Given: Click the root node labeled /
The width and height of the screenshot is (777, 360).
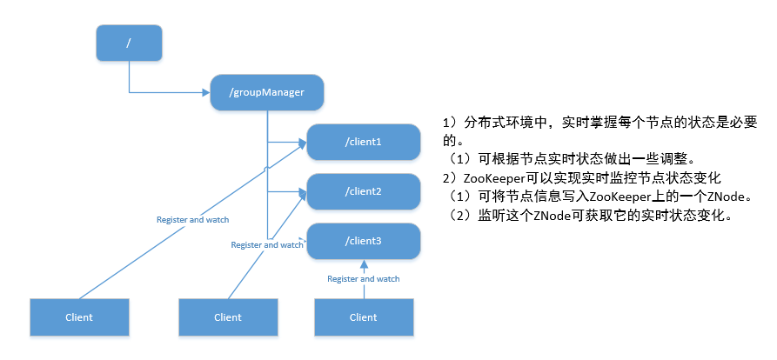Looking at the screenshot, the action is pos(129,43).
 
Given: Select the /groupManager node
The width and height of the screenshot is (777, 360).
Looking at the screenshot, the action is pos(267,92).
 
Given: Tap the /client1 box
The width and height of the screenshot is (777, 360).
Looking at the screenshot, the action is pos(364,142).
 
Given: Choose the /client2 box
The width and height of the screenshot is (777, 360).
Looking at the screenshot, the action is pos(364,191).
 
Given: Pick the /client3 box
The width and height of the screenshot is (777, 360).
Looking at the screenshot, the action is pos(364,241).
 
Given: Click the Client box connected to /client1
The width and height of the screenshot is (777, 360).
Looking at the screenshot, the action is pos(79,317).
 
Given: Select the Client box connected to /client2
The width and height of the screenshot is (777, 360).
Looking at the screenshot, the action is pos(228,317).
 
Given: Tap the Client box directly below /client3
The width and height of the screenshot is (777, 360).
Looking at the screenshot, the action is pos(364,317).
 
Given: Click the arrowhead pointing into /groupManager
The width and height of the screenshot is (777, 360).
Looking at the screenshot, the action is pos(206,92).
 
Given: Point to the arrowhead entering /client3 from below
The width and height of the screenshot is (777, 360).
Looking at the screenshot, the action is pos(364,263).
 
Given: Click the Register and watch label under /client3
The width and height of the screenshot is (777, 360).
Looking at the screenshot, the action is pos(363,279).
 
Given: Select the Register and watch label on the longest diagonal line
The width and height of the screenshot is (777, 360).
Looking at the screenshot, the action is pos(193,219).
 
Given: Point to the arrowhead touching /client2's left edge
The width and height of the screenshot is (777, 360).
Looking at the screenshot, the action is pos(304,192).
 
